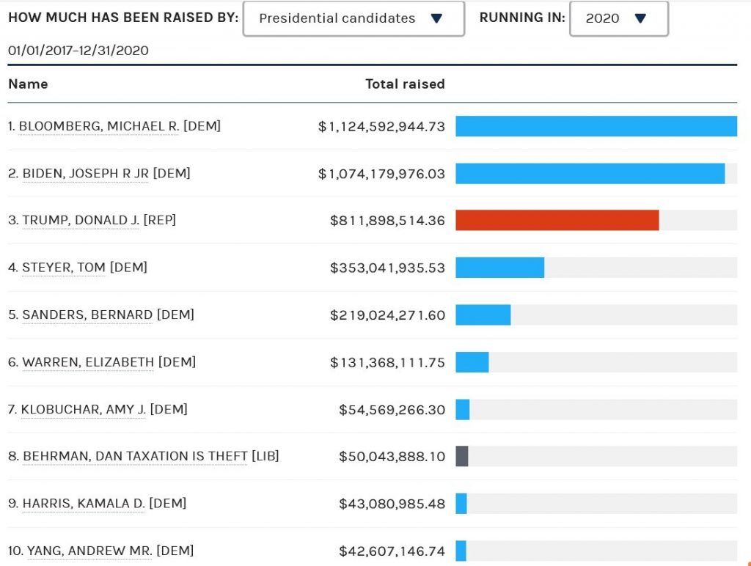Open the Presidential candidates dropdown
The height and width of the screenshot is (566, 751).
point(353,19)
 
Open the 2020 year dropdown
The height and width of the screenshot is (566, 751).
point(618,19)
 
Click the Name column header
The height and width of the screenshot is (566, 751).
point(28,84)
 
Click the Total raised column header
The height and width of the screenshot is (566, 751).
point(405,84)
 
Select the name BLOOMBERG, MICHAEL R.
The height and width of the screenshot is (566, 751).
point(99,126)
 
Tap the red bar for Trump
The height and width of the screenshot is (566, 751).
point(557,220)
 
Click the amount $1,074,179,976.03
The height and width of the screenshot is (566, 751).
point(381,174)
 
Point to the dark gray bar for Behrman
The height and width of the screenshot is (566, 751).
point(462,456)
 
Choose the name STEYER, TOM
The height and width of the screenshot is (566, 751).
point(64,268)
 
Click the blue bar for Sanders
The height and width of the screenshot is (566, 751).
point(483,315)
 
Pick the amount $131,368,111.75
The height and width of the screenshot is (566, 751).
point(387,362)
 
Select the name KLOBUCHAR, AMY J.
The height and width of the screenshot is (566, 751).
point(83,409)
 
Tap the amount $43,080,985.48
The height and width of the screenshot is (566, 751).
point(392,504)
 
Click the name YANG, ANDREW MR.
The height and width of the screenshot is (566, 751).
point(89,551)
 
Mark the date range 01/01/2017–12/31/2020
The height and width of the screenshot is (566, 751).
point(78,51)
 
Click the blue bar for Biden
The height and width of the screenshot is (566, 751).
point(590,174)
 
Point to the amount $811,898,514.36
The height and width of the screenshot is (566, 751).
point(387,221)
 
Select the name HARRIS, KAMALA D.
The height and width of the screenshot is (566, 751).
point(83,504)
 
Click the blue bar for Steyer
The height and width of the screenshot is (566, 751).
point(499,268)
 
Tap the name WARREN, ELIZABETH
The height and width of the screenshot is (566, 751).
point(88,362)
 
